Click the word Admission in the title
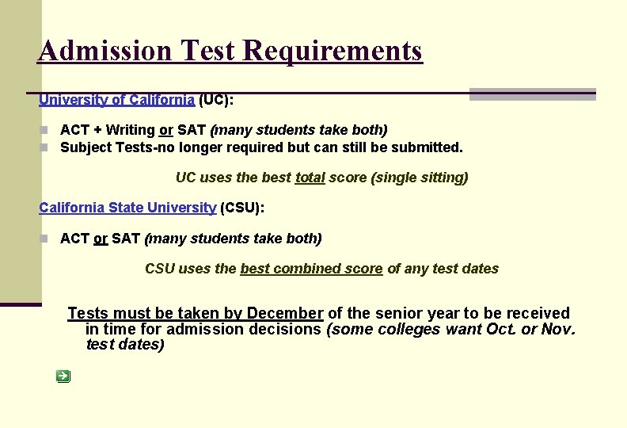104,51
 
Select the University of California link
116,100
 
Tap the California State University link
127,208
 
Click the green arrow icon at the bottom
63,376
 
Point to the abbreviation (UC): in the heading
216,100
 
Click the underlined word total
310,178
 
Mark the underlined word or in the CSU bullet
101,239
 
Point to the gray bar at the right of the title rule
532,94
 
